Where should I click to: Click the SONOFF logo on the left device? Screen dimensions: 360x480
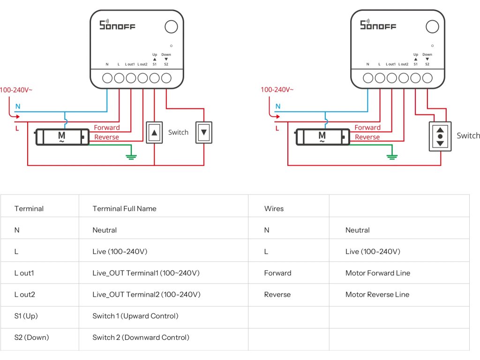pyautogui.click(x=117, y=25)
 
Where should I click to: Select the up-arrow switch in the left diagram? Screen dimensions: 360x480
pyautogui.click(x=154, y=132)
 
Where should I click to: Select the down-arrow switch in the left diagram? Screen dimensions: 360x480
pyautogui.click(x=204, y=132)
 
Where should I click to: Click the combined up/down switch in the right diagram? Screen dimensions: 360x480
pyautogui.click(x=440, y=136)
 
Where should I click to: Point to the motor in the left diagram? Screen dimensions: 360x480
pyautogui.click(x=62, y=137)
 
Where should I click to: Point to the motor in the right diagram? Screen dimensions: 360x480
pyautogui.click(x=322, y=137)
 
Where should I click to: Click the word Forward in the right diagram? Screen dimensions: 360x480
pyautogui.click(x=367, y=127)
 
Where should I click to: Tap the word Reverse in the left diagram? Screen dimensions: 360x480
pyautogui.click(x=107, y=137)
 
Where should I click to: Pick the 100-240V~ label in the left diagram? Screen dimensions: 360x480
pyautogui.click(x=16, y=90)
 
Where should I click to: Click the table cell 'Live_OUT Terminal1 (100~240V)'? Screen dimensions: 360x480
pyautogui.click(x=146, y=273)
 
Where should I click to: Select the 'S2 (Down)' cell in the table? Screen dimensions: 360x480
pyautogui.click(x=31, y=337)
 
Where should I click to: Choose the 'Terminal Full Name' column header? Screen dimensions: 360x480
pyautogui.click(x=124, y=209)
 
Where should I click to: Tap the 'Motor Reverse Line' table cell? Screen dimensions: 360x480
pyautogui.click(x=377, y=295)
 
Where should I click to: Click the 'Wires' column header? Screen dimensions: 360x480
pyautogui.click(x=274, y=209)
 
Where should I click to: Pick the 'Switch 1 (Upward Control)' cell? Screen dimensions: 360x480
pyautogui.click(x=135, y=316)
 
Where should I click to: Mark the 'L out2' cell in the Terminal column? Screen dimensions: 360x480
pyautogui.click(x=25, y=295)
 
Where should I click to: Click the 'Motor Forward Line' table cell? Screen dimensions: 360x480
pyautogui.click(x=377, y=273)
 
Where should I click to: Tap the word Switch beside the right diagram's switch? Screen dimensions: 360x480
pyautogui.click(x=468, y=135)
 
